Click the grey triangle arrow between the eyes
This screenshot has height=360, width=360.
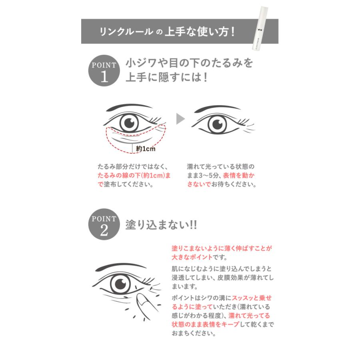pos(181,118)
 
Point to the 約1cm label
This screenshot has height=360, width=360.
pos(146,149)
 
